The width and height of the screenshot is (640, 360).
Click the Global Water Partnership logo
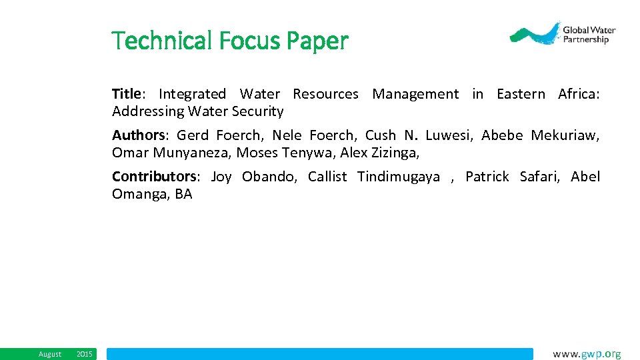click(562, 33)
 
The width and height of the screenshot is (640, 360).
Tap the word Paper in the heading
click(317, 41)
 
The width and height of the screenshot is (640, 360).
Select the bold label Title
click(125, 94)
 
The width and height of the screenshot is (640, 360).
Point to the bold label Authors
click(138, 135)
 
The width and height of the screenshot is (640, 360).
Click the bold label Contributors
click(154, 177)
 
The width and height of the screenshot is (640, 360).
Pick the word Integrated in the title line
click(192, 94)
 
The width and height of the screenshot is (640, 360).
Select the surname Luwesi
click(449, 135)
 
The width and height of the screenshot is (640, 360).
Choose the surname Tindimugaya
click(399, 177)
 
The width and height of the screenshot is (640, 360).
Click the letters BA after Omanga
click(183, 194)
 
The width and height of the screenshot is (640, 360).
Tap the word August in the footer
click(50, 354)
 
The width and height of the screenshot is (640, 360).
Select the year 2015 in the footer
click(85, 354)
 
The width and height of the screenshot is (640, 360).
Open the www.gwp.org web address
click(587, 354)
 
